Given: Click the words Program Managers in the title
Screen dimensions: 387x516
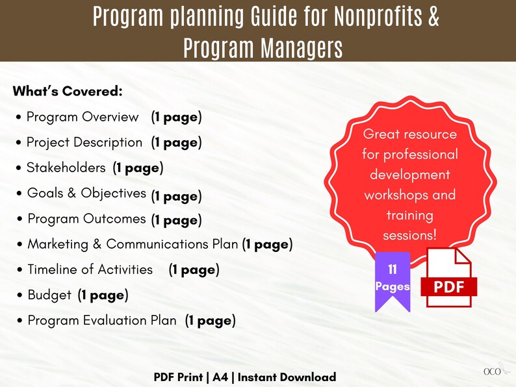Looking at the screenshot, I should click(263, 47).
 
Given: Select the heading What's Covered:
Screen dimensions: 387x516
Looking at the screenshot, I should click(68, 92).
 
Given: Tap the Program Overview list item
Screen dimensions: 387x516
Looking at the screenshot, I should click(83, 118).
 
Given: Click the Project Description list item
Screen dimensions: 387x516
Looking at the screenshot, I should click(84, 142).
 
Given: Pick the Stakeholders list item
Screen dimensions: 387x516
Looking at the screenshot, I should click(66, 168).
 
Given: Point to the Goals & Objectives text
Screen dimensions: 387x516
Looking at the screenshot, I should click(86, 193).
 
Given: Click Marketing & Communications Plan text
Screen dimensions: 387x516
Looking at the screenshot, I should click(133, 244).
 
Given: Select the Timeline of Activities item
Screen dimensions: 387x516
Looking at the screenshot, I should click(90, 269).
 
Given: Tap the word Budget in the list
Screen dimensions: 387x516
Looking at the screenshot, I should click(49, 295).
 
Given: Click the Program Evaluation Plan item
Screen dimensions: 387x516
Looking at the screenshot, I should click(102, 320).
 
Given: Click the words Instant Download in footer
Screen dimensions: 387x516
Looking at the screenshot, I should click(287, 377).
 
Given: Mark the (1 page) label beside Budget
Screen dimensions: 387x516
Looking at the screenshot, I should click(103, 295).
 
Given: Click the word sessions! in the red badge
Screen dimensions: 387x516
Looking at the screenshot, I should click(409, 234).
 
